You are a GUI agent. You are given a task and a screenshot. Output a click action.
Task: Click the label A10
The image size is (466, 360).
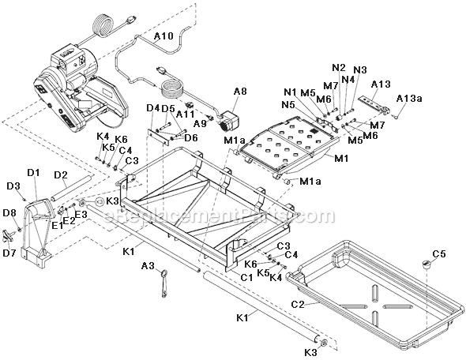tap(163, 36)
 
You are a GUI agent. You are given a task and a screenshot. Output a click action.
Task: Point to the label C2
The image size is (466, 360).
tap(298, 302)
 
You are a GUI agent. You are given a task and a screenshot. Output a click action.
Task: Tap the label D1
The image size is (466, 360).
tap(33, 172)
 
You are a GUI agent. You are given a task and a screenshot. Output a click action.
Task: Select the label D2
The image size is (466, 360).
tap(61, 174)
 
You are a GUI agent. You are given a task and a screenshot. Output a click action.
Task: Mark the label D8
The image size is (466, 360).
tap(9, 212)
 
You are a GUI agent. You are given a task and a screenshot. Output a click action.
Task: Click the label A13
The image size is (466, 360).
tap(381, 84)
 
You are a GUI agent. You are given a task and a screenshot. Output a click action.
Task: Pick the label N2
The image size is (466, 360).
tap(339, 67)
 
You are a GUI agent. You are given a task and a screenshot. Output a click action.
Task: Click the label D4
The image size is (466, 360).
tap(152, 107)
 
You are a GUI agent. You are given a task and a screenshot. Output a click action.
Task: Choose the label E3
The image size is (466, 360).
tap(81, 214)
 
